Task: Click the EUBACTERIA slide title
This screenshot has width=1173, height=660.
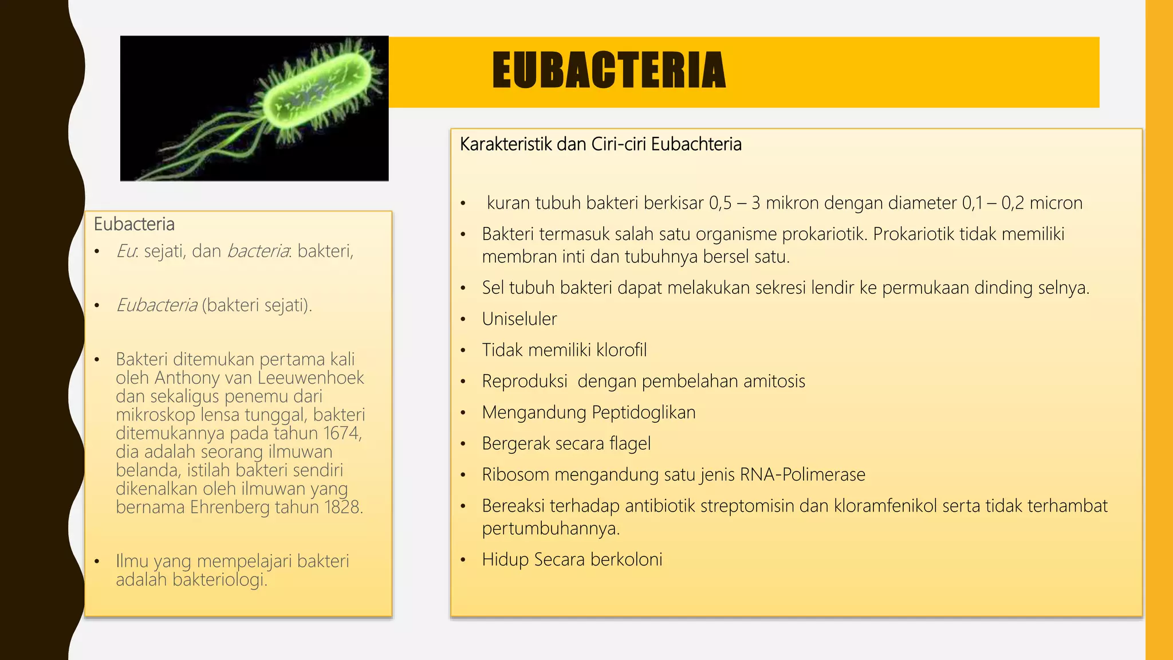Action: [x=609, y=70]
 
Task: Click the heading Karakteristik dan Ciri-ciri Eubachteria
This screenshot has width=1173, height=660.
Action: [x=600, y=144]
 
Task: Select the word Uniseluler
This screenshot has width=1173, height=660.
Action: [x=519, y=319]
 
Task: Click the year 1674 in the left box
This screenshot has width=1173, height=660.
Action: [x=342, y=433]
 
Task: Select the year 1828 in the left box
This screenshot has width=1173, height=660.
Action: [x=343, y=507]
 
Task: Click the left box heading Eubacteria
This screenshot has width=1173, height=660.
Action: [x=134, y=224]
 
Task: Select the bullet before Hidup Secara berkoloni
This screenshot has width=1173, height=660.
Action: [x=463, y=560]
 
